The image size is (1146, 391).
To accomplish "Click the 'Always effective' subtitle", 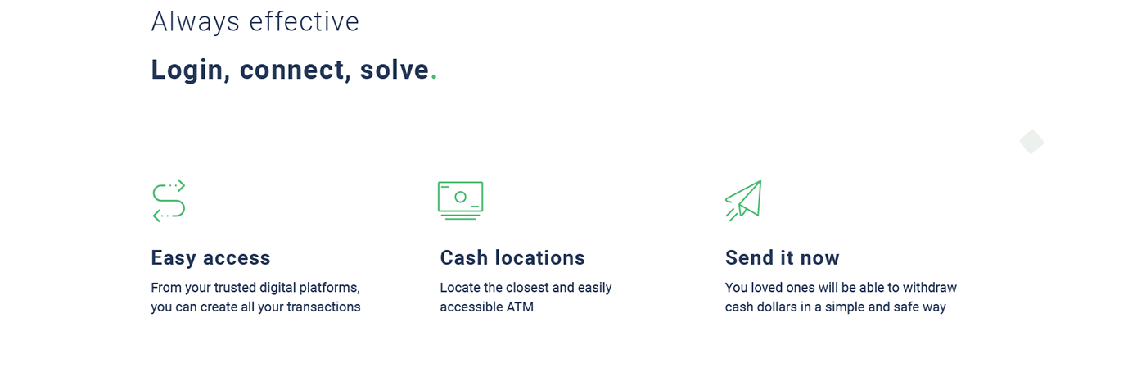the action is (255, 23).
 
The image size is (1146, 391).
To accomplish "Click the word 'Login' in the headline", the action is (187, 70).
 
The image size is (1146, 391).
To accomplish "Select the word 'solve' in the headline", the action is (394, 70).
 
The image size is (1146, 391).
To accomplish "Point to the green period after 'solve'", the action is (434, 78).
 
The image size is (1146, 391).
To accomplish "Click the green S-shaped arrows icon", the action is (169, 200).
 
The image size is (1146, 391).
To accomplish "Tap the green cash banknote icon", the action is (460, 200).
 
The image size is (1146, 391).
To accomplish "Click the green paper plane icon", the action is (743, 200).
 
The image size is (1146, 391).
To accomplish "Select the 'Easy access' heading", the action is (210, 257).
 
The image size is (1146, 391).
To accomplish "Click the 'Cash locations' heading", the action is (512, 257).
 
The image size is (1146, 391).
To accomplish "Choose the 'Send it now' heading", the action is (782, 257).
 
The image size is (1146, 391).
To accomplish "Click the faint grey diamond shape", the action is (1031, 142).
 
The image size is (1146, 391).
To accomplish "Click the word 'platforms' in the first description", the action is (329, 288).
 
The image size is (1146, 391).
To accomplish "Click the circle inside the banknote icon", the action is (460, 197).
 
